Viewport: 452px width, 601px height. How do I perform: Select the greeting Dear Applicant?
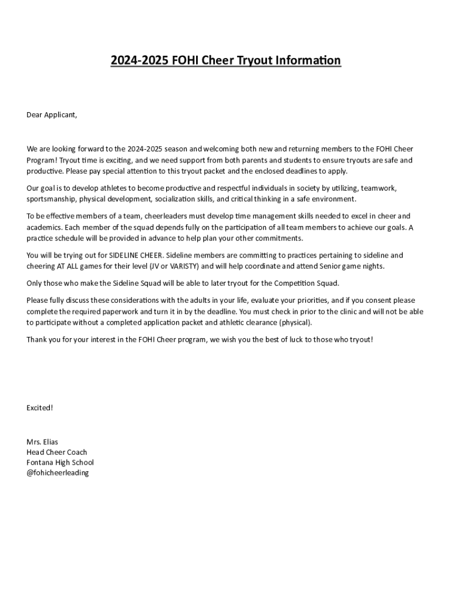[x=52, y=114]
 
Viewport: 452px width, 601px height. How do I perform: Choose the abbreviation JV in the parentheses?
[x=155, y=266]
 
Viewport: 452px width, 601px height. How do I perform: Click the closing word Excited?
[x=40, y=407]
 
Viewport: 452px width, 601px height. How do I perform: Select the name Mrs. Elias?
[x=42, y=441]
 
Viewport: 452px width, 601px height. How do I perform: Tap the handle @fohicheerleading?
[x=58, y=472]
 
